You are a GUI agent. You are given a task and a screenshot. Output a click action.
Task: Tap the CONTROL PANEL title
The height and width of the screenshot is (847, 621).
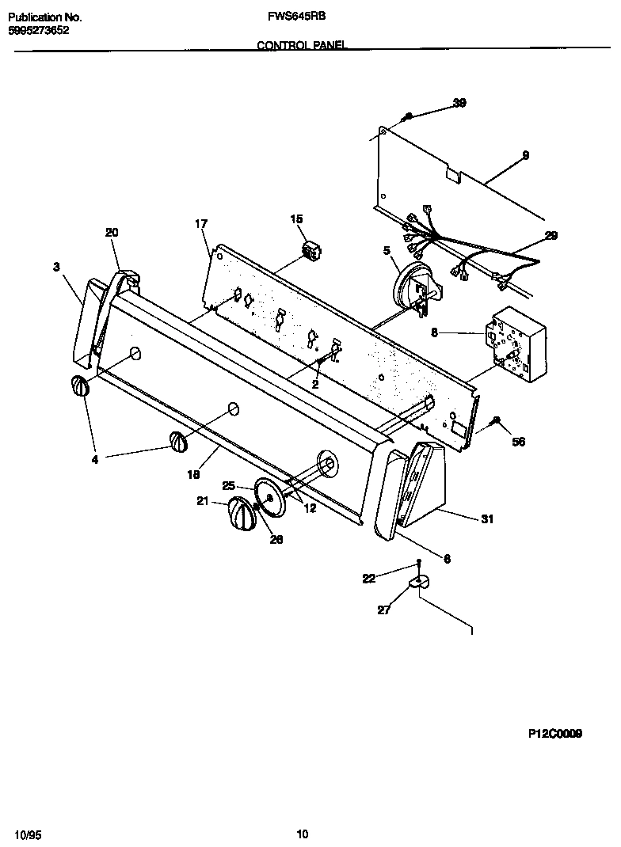[x=302, y=46]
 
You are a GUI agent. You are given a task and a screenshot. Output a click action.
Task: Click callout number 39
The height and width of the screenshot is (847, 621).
[x=459, y=102]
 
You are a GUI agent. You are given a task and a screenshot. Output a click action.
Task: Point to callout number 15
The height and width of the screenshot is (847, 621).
[x=296, y=218]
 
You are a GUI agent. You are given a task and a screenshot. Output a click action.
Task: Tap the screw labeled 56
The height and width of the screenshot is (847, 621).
[x=497, y=420]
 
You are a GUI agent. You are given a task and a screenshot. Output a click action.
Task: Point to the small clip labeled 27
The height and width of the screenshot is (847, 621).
[x=417, y=583]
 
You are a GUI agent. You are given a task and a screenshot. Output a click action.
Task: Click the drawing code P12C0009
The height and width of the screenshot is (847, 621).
[x=555, y=734]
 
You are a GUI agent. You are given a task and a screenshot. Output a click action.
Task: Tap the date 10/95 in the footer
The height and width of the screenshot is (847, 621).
[x=26, y=834]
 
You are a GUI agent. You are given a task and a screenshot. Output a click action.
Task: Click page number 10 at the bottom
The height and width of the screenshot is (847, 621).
[x=302, y=834]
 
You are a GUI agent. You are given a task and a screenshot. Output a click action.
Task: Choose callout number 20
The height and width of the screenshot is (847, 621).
[x=112, y=232]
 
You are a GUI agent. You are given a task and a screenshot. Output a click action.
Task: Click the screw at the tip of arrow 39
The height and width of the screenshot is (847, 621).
[x=408, y=116]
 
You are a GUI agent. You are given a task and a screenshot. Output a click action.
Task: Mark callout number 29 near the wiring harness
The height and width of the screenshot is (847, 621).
[x=551, y=235]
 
